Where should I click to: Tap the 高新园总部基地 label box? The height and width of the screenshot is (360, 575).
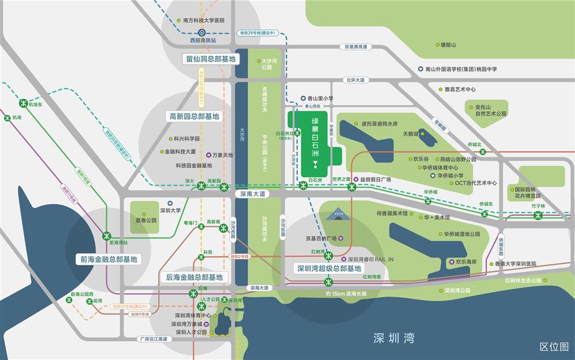tap(194, 116)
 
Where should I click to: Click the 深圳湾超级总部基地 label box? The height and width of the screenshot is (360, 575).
tap(328, 268)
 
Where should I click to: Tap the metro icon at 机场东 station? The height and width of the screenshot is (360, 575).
tap(24, 104)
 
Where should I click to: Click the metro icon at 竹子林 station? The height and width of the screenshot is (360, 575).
tap(538, 216)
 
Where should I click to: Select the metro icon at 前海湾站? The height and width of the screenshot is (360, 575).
tap(107, 235)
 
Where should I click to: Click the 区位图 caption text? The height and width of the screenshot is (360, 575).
tap(554, 346)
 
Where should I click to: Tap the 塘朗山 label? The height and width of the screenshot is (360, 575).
tap(447, 44)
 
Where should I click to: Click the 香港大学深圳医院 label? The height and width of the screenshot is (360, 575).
tap(516, 263)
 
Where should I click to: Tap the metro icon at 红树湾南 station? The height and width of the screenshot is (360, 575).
tap(329, 282)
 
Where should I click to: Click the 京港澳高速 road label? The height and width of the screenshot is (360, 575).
tap(355, 47)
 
